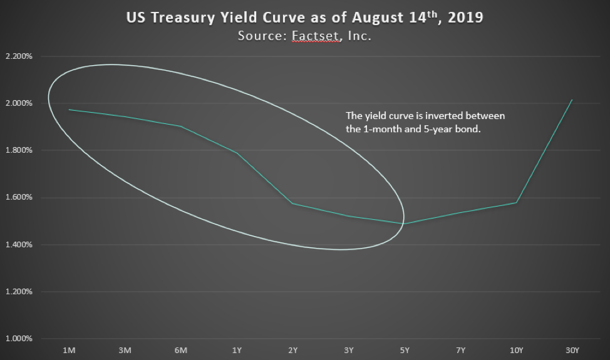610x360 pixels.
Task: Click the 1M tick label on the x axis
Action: click(x=69, y=350)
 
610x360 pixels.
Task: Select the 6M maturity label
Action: click(x=180, y=350)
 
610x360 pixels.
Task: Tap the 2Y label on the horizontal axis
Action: click(x=293, y=350)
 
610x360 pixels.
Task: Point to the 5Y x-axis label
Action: click(x=405, y=350)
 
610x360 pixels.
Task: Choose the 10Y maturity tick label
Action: click(x=516, y=350)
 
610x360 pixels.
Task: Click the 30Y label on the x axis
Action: click(x=572, y=350)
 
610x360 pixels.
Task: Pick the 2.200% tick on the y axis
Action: click(x=19, y=56)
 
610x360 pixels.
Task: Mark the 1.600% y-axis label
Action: click(x=19, y=197)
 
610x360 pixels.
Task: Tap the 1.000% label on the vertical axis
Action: click(x=19, y=339)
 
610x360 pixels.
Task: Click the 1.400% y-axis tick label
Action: click(x=19, y=245)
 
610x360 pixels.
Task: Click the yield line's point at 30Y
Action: click(x=572, y=100)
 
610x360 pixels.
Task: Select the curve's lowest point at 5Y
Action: click(x=404, y=224)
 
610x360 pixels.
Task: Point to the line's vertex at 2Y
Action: click(x=292, y=203)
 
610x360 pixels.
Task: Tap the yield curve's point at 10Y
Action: click(x=516, y=203)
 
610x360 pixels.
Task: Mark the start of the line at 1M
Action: click(x=69, y=110)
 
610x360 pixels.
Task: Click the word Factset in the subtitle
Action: click(x=315, y=36)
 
